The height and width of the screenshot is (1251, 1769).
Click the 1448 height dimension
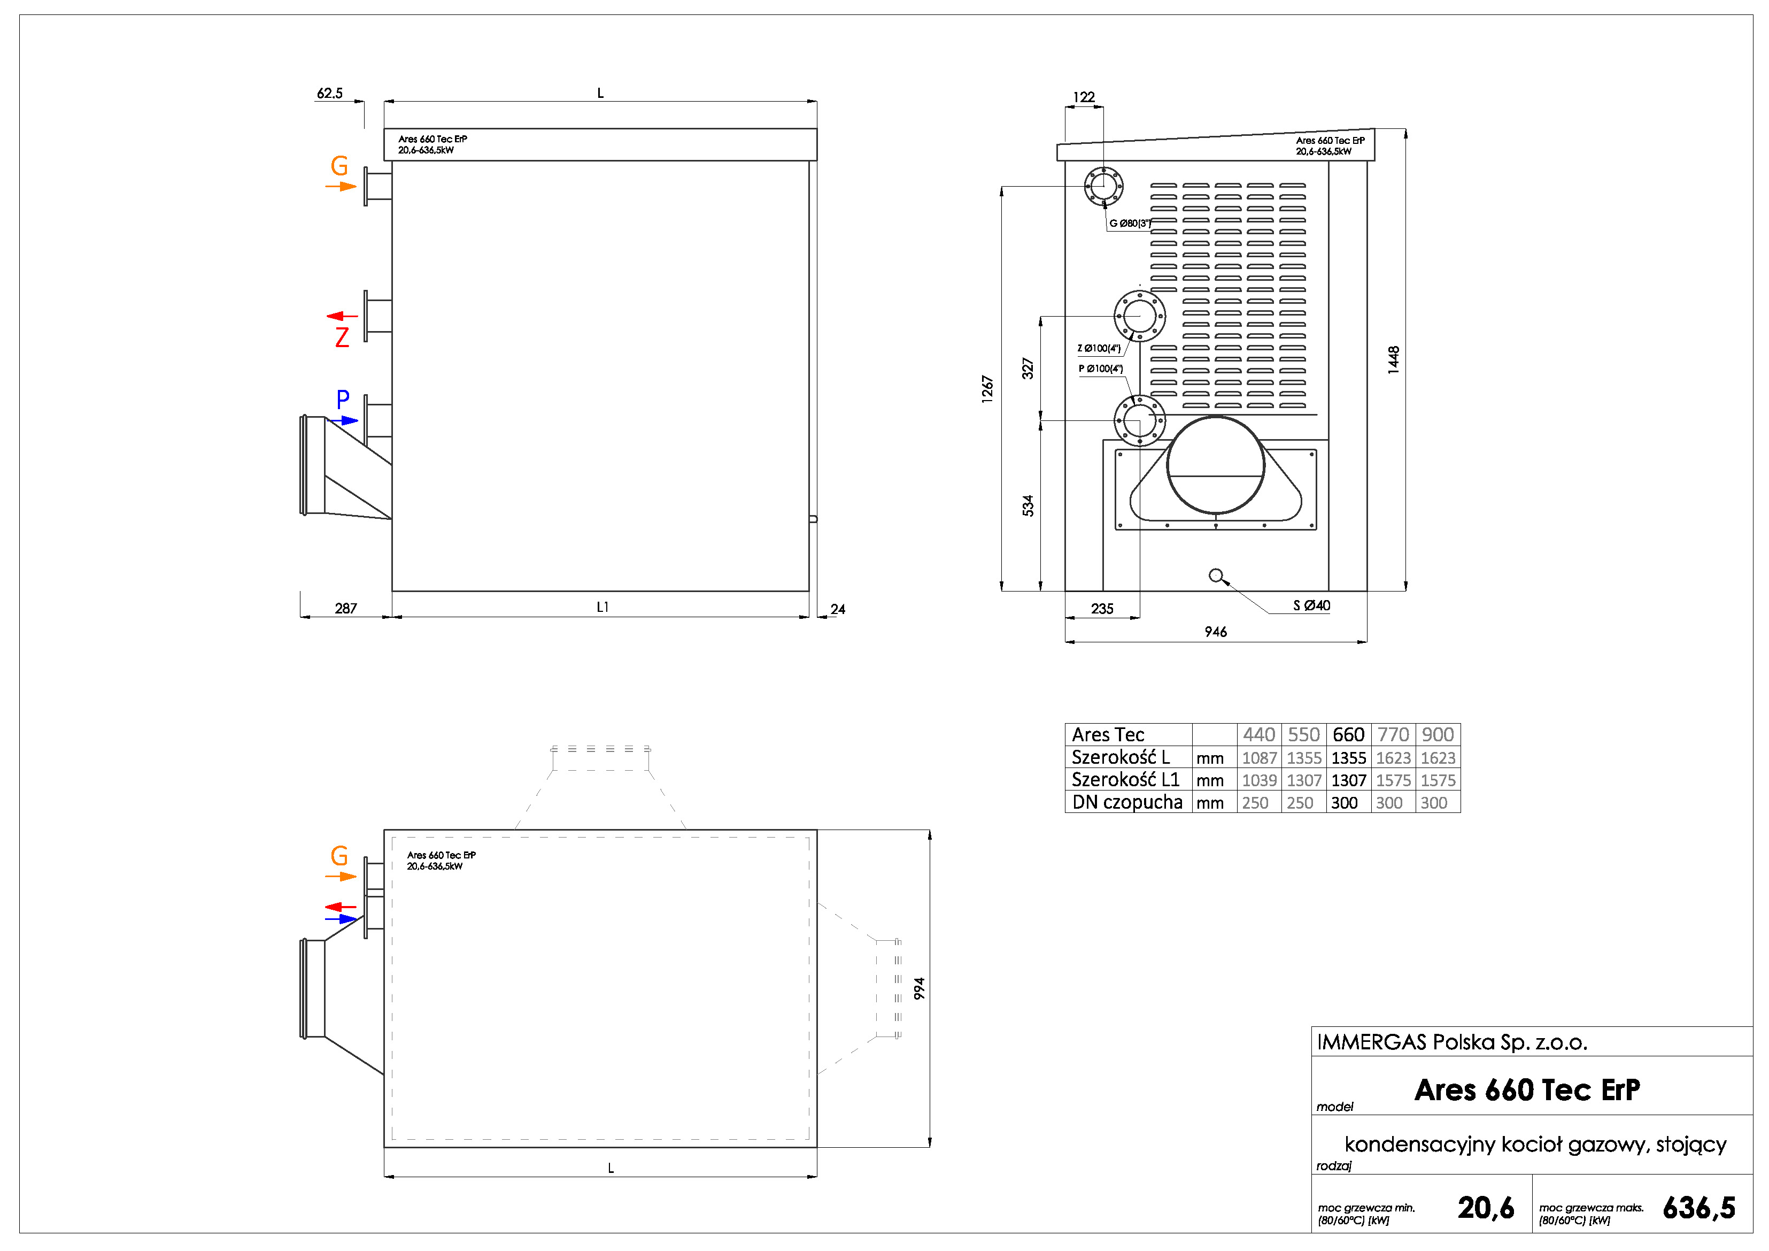1393,360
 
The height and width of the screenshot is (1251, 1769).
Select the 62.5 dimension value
330,93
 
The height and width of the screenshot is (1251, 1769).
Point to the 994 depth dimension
919,989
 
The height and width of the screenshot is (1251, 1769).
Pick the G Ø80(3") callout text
1130,224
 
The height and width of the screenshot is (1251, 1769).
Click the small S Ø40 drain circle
1216,575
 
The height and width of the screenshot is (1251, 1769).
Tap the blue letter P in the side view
343,400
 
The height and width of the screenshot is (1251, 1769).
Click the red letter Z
342,337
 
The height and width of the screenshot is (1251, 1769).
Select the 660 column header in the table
1348,734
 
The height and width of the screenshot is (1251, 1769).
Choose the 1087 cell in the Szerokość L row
1260,758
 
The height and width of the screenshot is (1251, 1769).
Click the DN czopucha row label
1126,802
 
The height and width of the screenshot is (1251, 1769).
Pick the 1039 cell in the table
1260,780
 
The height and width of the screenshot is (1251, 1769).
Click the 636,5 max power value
1699,1208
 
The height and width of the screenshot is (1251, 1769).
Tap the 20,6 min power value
1486,1208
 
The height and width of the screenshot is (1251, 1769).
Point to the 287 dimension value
346,608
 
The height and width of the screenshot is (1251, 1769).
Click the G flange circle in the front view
1103,186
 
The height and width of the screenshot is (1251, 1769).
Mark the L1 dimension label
602,608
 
